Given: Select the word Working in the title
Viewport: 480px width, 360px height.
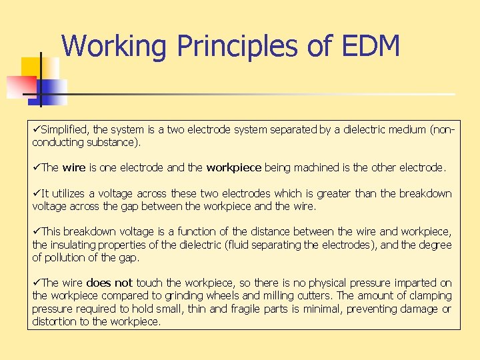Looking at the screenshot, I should point(113,47).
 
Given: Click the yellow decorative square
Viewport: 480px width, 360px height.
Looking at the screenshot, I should point(31,67).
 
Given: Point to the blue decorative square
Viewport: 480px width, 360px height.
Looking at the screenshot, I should point(52,91).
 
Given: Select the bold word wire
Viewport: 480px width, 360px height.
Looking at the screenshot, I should point(74,168).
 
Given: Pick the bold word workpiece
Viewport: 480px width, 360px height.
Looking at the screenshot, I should point(233,168).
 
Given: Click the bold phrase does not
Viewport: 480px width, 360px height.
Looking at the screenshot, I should point(109,283).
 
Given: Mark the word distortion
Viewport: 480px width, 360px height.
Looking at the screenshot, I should point(55,321).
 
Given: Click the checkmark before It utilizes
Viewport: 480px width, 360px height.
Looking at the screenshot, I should point(37,193).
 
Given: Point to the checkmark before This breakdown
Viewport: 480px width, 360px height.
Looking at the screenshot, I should point(37,231).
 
